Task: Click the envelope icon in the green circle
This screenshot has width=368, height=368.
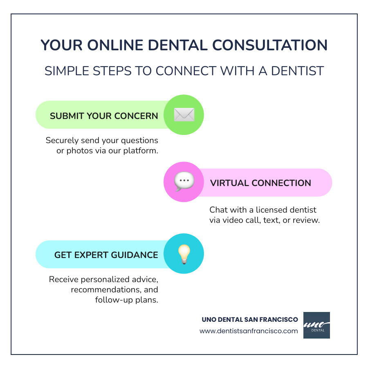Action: click(184, 115)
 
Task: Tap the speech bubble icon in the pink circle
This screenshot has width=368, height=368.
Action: click(184, 182)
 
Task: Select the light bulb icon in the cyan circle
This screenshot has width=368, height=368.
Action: click(184, 254)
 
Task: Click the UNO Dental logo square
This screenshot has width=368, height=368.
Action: click(316, 325)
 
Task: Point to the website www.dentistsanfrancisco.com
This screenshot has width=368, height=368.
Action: click(249, 331)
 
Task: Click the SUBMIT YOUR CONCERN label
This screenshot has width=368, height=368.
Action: click(104, 116)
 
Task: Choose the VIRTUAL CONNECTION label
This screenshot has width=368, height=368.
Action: click(260, 183)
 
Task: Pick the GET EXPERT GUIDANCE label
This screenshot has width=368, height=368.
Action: click(106, 255)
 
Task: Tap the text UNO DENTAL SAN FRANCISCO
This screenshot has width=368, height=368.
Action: click(250, 319)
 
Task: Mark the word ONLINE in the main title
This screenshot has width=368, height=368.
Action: click(110, 45)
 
